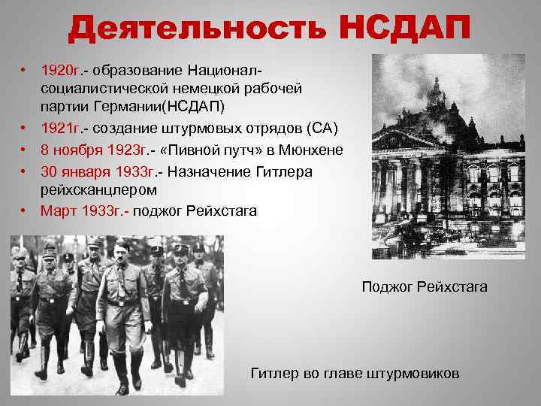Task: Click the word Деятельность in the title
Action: [x=194, y=31]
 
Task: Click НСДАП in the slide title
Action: [x=399, y=31]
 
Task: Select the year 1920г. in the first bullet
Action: [x=61, y=71]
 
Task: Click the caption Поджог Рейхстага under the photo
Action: [x=425, y=286]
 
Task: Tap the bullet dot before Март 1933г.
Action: [x=25, y=211]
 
